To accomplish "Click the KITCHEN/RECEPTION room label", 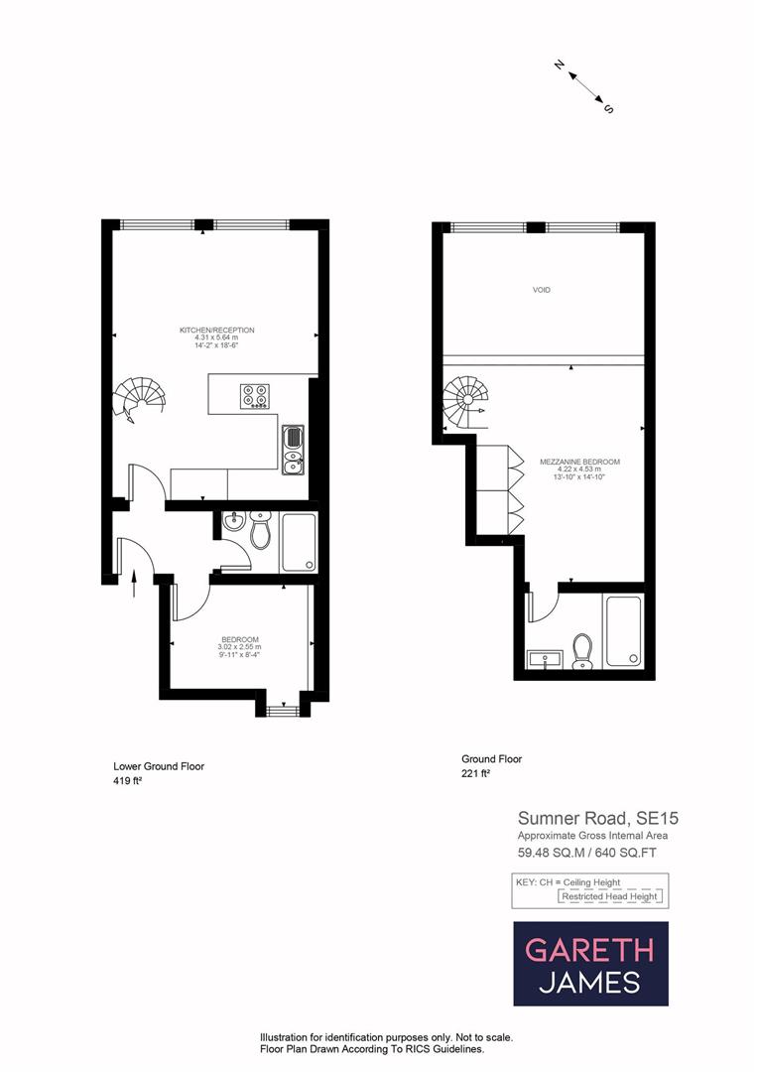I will [216, 330].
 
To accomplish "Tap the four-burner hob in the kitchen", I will [254, 395].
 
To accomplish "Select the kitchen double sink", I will [293, 449].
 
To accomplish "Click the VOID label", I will [541, 290].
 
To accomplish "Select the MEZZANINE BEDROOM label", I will [579, 463].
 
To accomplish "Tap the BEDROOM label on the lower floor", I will [240, 639].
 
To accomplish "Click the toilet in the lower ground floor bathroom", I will [260, 532].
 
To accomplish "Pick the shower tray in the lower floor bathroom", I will [299, 542].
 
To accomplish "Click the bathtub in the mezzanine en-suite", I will [623, 630].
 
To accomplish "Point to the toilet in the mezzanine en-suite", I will [582, 650].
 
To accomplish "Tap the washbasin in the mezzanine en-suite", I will [545, 658].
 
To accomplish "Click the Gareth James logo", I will [589, 964].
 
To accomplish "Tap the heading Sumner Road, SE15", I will [597, 819].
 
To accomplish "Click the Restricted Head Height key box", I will [609, 896].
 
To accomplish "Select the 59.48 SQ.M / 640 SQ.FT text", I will [586, 852].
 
